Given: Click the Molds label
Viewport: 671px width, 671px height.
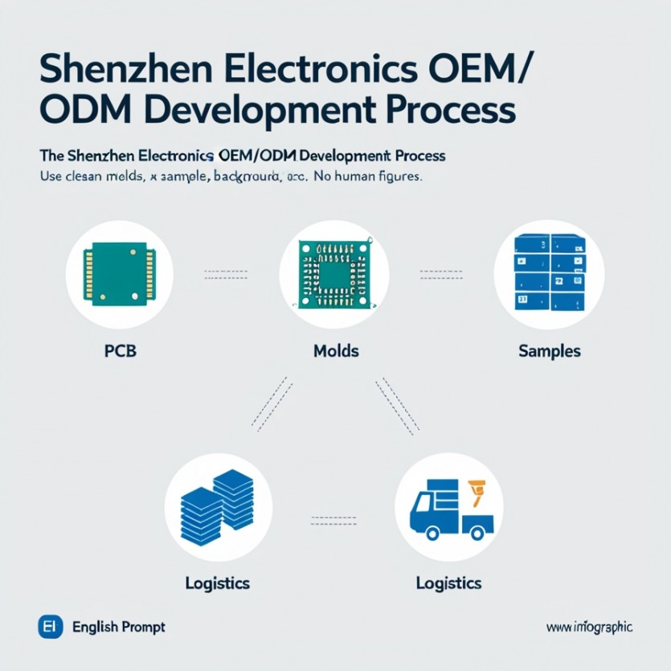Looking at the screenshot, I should [335, 351].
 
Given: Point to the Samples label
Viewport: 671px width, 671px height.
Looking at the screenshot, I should [550, 351].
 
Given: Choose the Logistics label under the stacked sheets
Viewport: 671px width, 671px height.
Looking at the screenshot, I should [217, 583].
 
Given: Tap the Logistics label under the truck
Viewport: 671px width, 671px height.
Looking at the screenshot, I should [448, 583].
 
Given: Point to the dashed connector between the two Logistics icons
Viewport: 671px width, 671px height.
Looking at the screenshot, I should [333, 518].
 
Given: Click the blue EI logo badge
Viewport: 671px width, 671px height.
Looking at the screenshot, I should [50, 627].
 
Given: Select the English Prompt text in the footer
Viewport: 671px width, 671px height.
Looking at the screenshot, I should [119, 627].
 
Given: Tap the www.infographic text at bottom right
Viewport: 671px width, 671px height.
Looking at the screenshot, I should [589, 627].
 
